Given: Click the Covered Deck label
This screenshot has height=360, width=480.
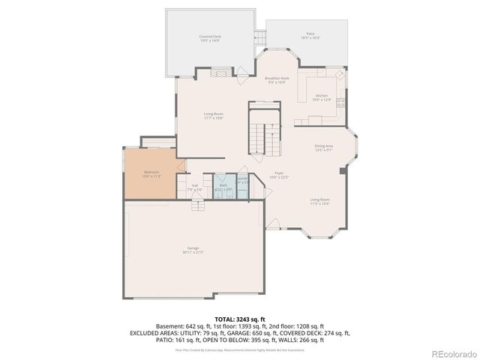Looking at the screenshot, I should click(210, 37).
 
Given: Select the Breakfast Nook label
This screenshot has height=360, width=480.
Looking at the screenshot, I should click(277, 79).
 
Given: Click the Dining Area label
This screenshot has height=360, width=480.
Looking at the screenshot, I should click(324, 148).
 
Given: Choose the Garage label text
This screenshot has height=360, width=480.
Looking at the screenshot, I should click(193, 250).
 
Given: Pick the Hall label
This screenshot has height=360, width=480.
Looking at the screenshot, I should click(194, 187).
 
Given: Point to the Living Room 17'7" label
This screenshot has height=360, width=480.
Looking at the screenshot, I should click(214, 115).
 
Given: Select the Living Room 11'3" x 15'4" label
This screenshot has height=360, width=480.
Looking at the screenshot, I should click(319, 201).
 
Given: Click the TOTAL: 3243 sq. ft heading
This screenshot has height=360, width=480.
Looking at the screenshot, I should click(240, 319).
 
